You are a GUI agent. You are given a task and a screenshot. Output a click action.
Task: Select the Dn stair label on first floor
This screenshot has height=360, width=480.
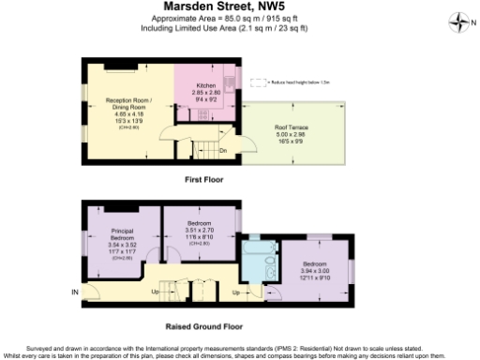[222, 149]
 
